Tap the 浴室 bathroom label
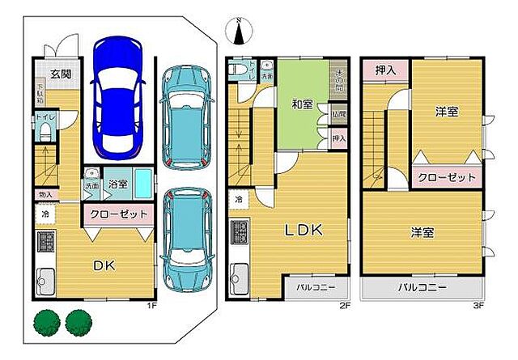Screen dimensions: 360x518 [117, 184]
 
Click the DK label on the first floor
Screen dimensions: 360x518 [104, 264]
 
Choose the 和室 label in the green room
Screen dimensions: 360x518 [304, 103]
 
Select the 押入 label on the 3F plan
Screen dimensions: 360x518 [386, 71]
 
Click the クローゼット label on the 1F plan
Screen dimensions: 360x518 [118, 215]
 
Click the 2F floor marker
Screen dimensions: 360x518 [344, 307]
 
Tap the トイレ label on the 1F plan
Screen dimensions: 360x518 [44, 119]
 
